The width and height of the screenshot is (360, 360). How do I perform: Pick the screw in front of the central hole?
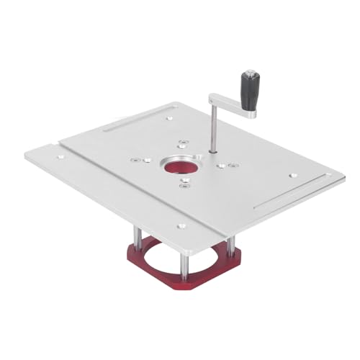[185, 184]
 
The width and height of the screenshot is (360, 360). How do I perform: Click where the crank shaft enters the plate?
[214, 151]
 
